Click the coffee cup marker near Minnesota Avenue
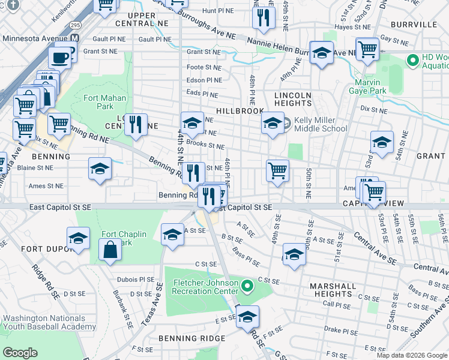pos(59,58)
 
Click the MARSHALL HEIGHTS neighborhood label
pos(331,290)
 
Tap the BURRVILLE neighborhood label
pos(414,25)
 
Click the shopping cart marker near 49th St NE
pos(277,170)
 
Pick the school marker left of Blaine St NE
pos(100,169)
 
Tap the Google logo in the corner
pos(20,353)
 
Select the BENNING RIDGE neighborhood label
pos(192,338)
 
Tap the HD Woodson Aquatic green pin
pos(412,61)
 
